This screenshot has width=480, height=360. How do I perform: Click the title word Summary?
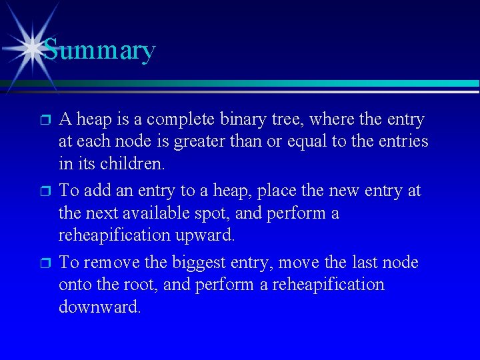(99, 50)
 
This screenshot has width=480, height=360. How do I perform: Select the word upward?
(213, 235)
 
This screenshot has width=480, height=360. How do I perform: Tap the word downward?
(99, 307)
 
